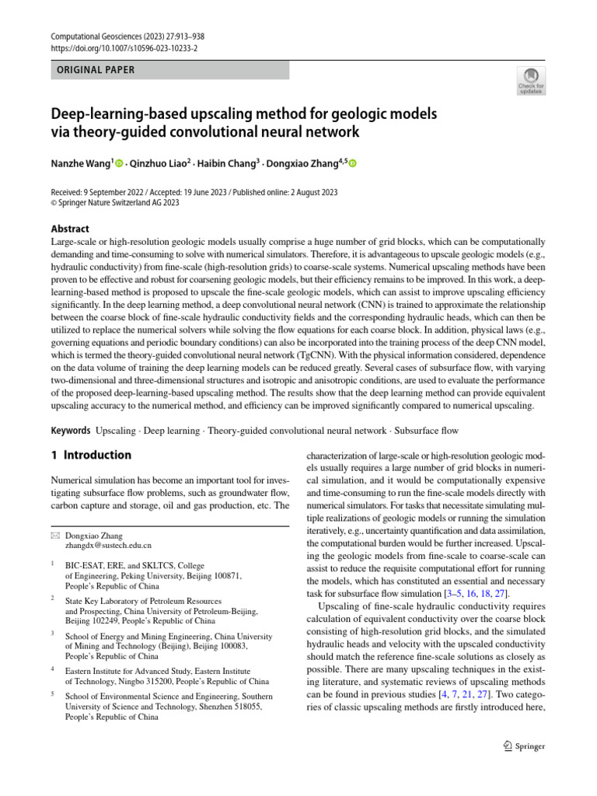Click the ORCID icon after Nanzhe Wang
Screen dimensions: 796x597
(x=119, y=164)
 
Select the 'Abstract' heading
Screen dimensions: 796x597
(x=69, y=229)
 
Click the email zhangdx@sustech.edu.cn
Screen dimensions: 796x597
(x=108, y=546)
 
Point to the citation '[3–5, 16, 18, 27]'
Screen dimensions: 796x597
(x=470, y=595)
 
